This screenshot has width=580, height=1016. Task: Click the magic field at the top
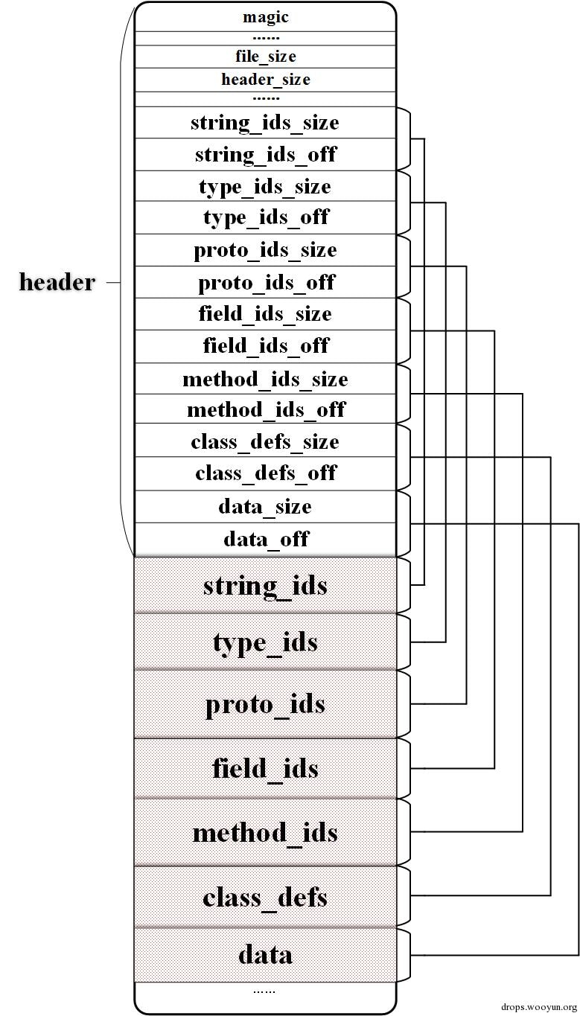click(265, 17)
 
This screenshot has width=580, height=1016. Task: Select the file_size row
click(265, 57)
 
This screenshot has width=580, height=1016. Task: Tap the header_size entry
click(265, 80)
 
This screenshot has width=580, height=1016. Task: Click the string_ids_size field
click(265, 122)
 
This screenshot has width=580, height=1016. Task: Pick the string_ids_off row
click(265, 154)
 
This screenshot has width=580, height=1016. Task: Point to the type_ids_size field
click(265, 186)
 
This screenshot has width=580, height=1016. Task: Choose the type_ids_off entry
click(265, 217)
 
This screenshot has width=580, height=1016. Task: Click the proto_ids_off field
click(265, 282)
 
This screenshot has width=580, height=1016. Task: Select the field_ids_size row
click(265, 313)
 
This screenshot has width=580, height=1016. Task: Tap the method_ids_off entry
click(265, 409)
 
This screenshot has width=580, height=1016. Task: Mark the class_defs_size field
click(265, 441)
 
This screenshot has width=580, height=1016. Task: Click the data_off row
click(265, 539)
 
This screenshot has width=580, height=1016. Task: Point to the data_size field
click(265, 506)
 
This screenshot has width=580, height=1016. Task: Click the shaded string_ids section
click(265, 585)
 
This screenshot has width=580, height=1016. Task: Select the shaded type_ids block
click(265, 642)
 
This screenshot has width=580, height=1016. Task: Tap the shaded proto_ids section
click(265, 704)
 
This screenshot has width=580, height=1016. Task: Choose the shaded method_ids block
click(265, 832)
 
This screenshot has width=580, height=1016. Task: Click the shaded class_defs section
click(265, 897)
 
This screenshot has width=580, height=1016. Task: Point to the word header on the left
click(57, 282)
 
